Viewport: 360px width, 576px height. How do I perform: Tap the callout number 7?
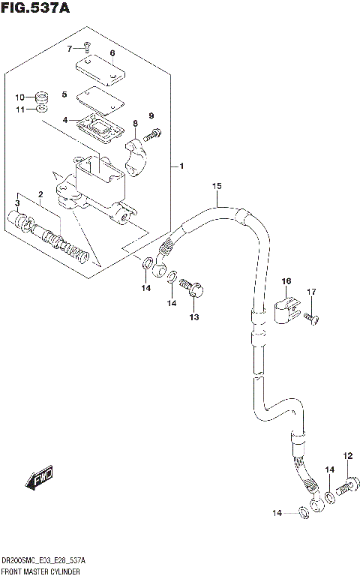click(x=70, y=49)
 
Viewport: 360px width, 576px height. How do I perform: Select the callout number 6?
click(x=112, y=53)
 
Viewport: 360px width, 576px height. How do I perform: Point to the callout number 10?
click(x=20, y=97)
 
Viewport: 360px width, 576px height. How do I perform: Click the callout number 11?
click(x=20, y=109)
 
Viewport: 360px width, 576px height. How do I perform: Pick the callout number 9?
click(x=151, y=115)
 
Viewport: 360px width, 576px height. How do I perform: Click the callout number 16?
click(x=286, y=281)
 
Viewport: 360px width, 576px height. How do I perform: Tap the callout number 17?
click(x=312, y=292)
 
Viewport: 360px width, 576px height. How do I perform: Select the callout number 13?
click(x=193, y=318)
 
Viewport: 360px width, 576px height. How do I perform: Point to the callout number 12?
click(x=347, y=455)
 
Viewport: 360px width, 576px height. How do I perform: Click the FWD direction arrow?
click(x=37, y=478)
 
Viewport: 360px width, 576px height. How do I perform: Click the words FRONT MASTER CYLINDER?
click(x=41, y=571)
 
